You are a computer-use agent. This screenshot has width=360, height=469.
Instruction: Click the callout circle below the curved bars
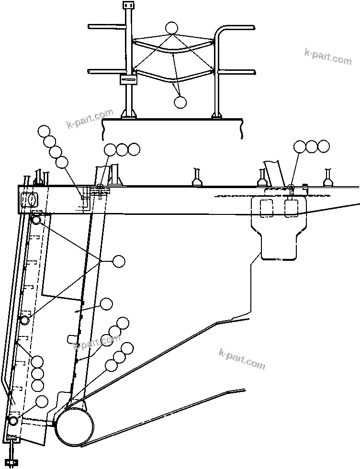pos(180,102)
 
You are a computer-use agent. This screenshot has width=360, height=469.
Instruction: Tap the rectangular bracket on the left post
pos(128,79)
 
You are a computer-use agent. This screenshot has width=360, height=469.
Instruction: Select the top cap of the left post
pos(128,5)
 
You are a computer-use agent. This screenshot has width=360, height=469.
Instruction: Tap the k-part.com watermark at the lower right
pos(241,358)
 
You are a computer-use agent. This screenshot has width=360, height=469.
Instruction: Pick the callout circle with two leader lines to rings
pos(118,261)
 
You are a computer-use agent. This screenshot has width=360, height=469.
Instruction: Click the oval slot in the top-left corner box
pos(32,199)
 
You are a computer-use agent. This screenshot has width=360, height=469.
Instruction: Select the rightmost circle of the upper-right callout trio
pos(324,146)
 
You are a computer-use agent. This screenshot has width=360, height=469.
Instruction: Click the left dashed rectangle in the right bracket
pos(266,208)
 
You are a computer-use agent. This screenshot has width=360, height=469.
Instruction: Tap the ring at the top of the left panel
pos(35,220)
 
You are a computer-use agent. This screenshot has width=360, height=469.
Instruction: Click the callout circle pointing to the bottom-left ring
pos(42,401)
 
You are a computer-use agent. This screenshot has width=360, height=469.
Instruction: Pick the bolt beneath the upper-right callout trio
pos(291,187)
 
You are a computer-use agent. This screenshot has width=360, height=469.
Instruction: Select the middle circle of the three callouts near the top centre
pos(122,149)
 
